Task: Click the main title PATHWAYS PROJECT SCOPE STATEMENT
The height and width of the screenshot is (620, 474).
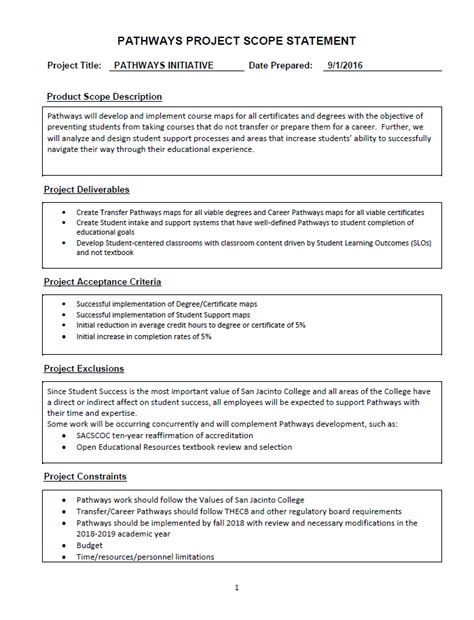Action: (236, 41)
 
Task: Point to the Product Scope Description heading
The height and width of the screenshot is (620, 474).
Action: (104, 97)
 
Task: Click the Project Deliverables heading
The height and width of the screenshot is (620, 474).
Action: (87, 189)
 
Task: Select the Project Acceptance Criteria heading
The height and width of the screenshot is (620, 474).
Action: (103, 282)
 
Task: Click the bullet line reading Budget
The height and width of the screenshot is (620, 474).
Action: (90, 546)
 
